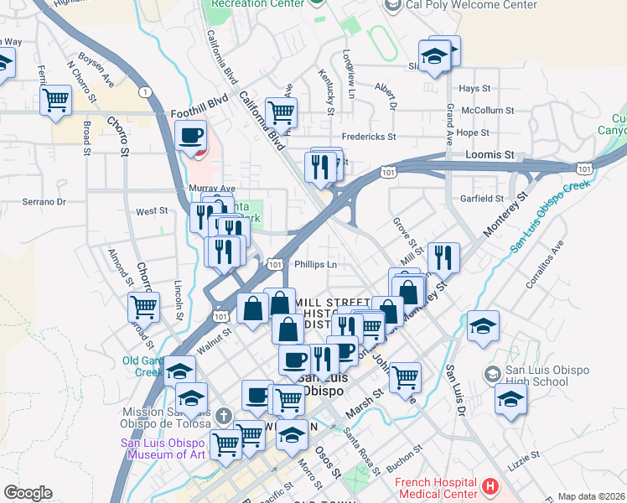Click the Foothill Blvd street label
pyautogui.click(x=199, y=111)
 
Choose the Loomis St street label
pyautogui.click(x=490, y=155)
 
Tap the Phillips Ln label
pyautogui.click(x=315, y=264)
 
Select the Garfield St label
pyautogui.click(x=481, y=199)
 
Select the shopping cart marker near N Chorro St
pyautogui.click(x=55, y=100)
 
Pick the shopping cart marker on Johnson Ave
pyautogui.click(x=405, y=376)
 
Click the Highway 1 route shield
pyautogui.click(x=146, y=91)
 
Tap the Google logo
pyautogui.click(x=28, y=493)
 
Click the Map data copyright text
pyautogui.click(x=591, y=496)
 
